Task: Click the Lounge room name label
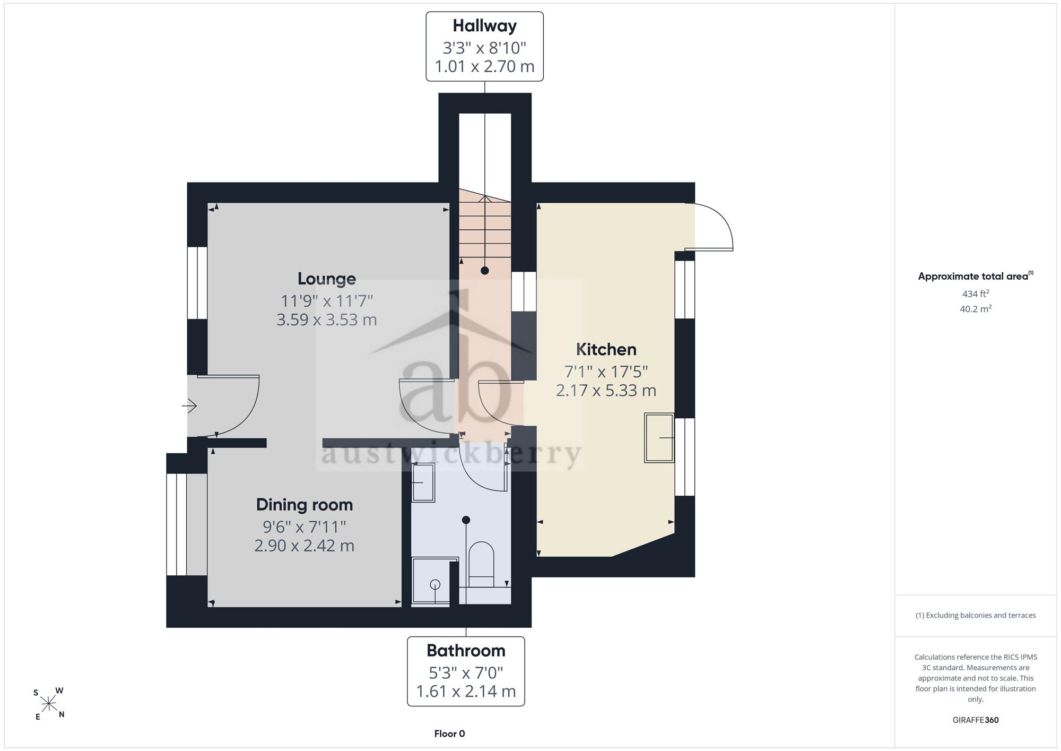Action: click(x=326, y=279)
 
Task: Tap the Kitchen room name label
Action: click(x=606, y=349)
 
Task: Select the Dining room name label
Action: click(x=304, y=505)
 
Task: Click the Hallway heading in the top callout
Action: click(x=484, y=25)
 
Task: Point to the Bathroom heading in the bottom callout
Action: click(x=466, y=650)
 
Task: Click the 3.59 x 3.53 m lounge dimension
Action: click(x=326, y=320)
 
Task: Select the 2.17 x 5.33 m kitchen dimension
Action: click(x=606, y=390)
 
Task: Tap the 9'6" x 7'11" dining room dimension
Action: click(x=304, y=526)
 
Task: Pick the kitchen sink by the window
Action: click(x=659, y=438)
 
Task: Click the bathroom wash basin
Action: click(x=423, y=482)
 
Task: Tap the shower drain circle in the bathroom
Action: click(x=435, y=585)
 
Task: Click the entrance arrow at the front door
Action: click(x=189, y=407)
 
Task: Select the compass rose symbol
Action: click(x=49, y=704)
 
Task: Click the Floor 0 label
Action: click(x=449, y=734)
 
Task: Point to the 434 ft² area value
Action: click(x=976, y=294)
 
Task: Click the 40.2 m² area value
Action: click(x=976, y=309)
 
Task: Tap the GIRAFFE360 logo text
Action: click(x=976, y=720)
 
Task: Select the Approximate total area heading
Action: click(x=976, y=276)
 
